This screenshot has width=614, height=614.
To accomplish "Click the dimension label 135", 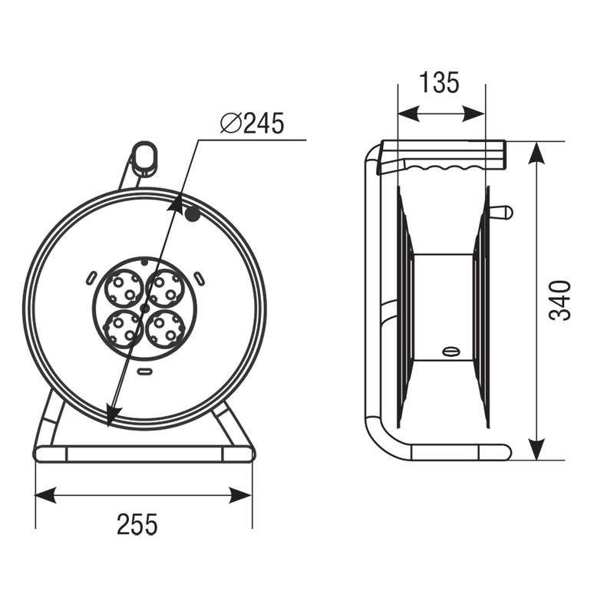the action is (x=438, y=83).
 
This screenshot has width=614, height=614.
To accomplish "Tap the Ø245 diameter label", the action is (x=252, y=123).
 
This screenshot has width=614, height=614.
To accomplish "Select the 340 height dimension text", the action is (x=560, y=300).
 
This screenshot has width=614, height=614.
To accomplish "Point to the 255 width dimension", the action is (x=137, y=524).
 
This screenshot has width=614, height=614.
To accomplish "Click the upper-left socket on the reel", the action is (x=123, y=288).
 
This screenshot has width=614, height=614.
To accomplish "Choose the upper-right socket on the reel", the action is (x=165, y=288).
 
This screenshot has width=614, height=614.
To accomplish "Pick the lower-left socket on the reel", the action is (x=123, y=329).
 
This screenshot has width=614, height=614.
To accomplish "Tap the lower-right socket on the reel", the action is (x=165, y=329).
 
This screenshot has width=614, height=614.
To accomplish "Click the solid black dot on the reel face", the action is (x=193, y=214).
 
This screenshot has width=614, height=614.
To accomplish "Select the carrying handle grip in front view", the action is (x=144, y=158).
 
